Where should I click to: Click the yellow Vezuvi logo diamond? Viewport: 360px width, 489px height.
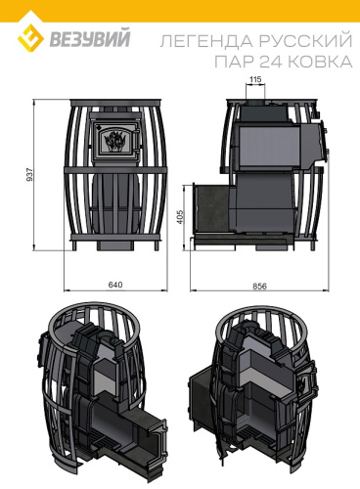pyautogui.click(x=30, y=38)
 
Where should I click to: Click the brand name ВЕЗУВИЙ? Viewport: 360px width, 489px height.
pyautogui.click(x=90, y=38)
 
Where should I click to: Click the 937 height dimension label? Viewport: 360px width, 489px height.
pyautogui.click(x=29, y=175)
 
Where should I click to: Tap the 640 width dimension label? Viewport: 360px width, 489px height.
pyautogui.click(x=115, y=285)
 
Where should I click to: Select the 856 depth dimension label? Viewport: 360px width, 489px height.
pyautogui.click(x=259, y=286)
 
